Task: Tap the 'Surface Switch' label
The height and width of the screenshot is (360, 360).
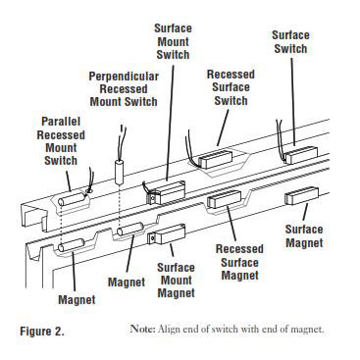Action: [x=289, y=42]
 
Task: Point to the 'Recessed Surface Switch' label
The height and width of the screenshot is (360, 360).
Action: [x=231, y=86]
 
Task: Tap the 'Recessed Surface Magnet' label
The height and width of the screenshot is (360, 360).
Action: [x=239, y=262]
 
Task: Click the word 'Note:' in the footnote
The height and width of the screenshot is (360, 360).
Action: [x=143, y=330]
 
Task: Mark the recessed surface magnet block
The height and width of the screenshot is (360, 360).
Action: [x=227, y=202]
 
